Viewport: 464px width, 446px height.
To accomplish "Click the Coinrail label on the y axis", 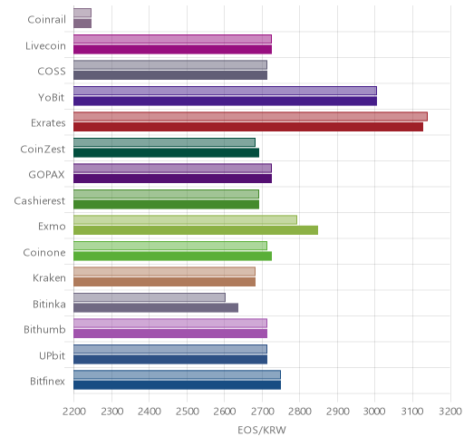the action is [46, 20].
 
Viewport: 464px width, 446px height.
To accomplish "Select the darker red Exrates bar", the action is [248, 127].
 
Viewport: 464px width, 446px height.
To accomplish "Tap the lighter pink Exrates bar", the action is [250, 116].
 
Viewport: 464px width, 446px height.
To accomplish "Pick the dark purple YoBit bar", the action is [225, 102].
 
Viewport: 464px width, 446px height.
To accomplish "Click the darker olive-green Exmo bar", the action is [196, 230].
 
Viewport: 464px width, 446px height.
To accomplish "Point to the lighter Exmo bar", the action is [185, 219].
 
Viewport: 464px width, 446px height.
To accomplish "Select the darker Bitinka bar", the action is [156, 308].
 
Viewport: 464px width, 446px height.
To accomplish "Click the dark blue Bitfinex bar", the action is [177, 385].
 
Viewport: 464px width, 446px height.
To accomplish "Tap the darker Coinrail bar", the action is [82, 24].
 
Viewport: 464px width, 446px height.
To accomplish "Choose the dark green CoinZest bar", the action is [166, 153].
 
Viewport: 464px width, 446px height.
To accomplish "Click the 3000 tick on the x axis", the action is [374, 412].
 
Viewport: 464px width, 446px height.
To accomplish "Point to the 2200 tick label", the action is [74, 412].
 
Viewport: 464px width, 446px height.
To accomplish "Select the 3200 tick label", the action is [450, 412].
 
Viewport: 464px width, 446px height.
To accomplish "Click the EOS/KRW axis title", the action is [262, 430].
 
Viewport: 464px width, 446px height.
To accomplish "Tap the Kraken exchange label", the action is [49, 278].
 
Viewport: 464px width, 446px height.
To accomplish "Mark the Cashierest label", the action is [40, 200].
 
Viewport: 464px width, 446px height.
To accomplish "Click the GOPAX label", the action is [46, 175].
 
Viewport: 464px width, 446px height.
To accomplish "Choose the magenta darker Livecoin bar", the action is [172, 50].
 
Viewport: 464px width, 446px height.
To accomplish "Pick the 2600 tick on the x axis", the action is [224, 412].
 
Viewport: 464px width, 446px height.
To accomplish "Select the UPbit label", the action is [52, 355].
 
